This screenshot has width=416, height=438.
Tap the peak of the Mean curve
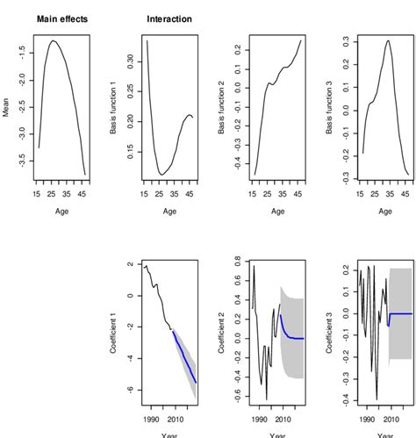[54, 40]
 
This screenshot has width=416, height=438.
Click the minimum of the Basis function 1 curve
[161, 174]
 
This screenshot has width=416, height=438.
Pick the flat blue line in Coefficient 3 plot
[400, 313]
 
